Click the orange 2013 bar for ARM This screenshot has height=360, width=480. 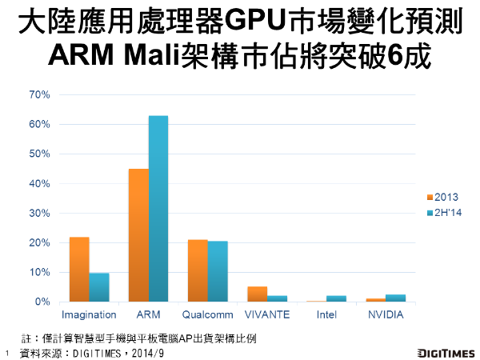(x=138, y=235)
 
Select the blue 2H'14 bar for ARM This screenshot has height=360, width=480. (x=158, y=209)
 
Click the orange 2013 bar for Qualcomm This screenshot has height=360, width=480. (x=198, y=270)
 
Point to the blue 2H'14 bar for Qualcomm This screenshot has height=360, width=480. (x=217, y=271)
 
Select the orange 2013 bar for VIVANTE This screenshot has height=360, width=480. (x=257, y=294)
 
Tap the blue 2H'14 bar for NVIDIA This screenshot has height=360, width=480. (x=395, y=298)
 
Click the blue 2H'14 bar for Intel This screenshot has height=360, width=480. (x=336, y=298)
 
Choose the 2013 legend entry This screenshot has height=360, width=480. (x=442, y=197)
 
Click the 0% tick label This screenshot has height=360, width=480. (x=42, y=302)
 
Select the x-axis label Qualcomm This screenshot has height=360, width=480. (x=207, y=315)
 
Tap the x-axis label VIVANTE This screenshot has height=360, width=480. (x=266, y=315)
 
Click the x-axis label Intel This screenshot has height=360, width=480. (x=326, y=315)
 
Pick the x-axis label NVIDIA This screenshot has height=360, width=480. (x=385, y=315)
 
